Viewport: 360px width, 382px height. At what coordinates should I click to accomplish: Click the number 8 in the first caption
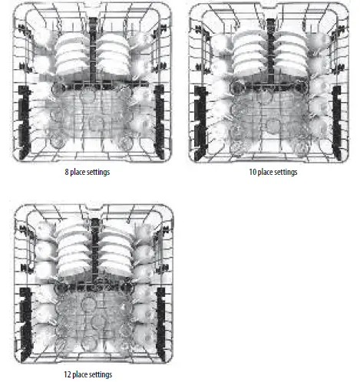pyautogui.click(x=68, y=173)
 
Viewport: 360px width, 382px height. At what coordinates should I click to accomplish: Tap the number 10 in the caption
pyautogui.click(x=253, y=173)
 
